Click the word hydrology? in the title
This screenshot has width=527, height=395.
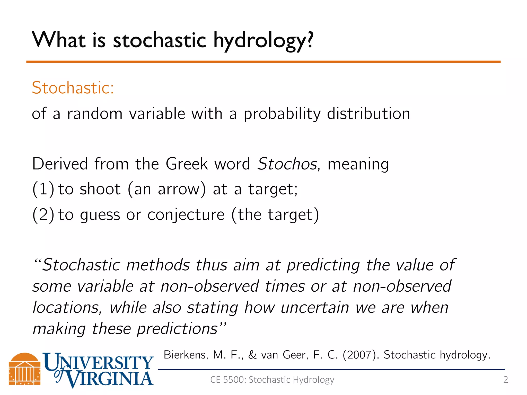pos(263,41)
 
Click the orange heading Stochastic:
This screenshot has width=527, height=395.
pos(73,88)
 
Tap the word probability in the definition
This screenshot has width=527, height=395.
pos(282,114)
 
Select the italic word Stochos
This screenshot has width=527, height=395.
pos(287,164)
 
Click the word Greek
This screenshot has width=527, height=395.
pos(187,164)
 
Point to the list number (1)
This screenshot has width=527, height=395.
pos(43,189)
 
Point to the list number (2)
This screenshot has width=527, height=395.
pos(43,214)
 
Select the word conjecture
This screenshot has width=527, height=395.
pos(186,214)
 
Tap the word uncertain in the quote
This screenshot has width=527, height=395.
pos(315,308)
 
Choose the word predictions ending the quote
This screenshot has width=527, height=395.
pos(178,329)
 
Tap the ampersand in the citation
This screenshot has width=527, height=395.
pos(252,355)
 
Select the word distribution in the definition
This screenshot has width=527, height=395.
pos(368,114)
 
